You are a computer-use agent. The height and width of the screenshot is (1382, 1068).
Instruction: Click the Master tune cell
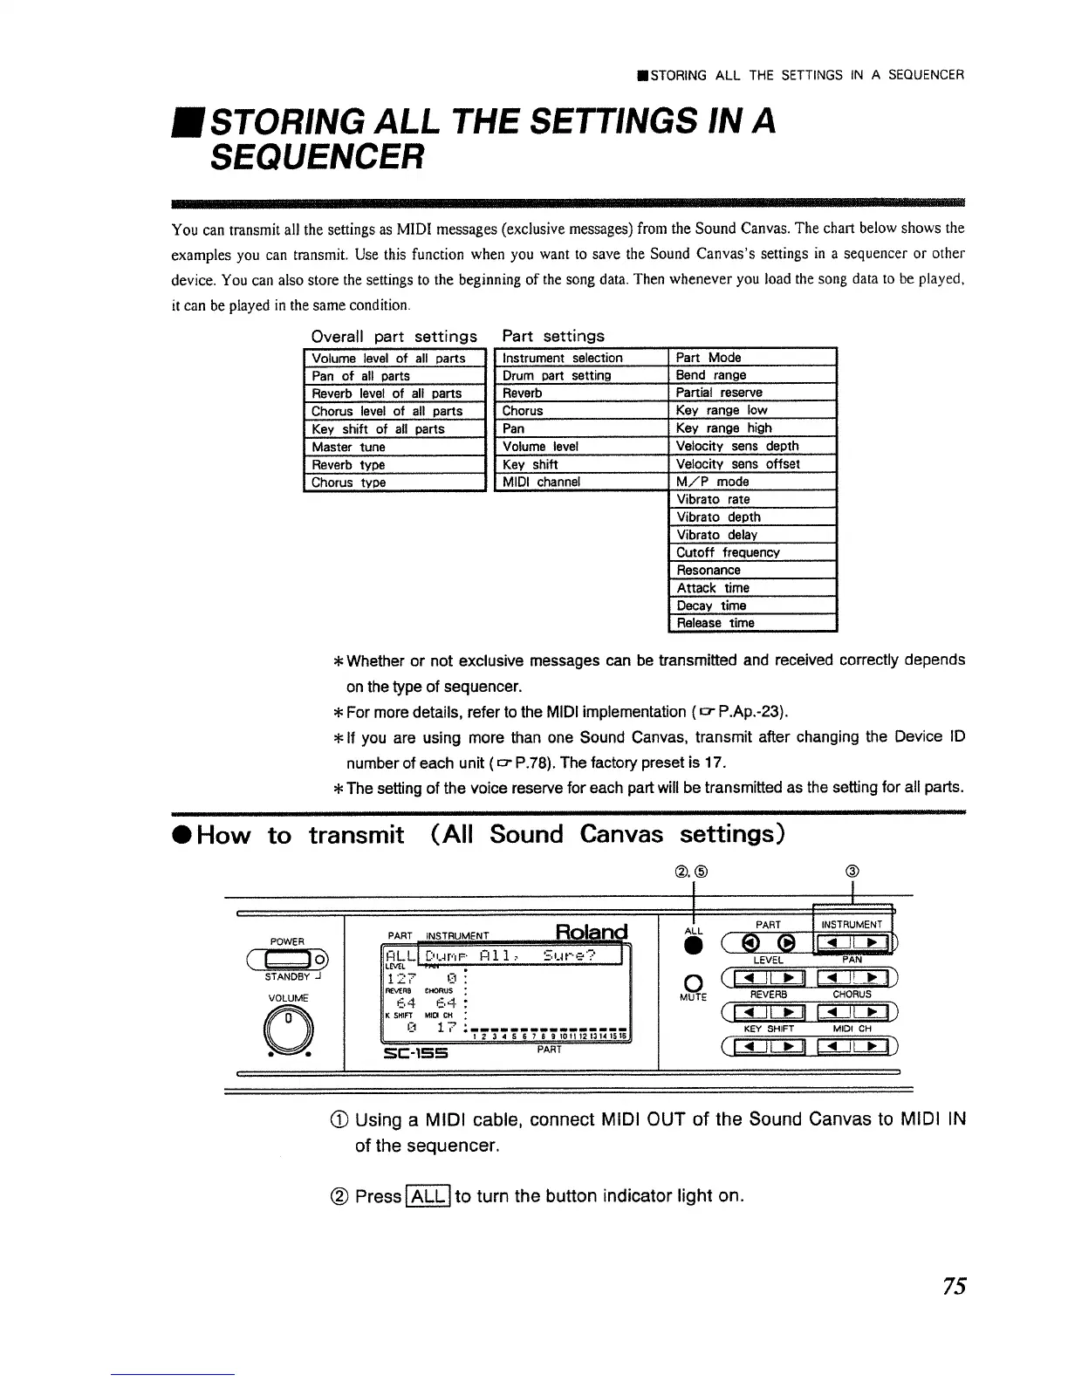(x=394, y=447)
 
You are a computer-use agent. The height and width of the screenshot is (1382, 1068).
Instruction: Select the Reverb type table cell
(x=394, y=465)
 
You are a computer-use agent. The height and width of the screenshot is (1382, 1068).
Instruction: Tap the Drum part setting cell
(x=581, y=375)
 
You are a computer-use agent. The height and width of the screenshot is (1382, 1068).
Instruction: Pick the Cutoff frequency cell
(x=752, y=552)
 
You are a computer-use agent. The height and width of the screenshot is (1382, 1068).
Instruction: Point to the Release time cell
(x=752, y=623)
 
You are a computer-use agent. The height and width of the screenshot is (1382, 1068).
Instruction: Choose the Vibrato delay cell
(x=752, y=535)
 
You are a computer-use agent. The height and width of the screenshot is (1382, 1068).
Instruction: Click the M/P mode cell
(x=752, y=482)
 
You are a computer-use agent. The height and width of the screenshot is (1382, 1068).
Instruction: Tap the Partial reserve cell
(x=752, y=393)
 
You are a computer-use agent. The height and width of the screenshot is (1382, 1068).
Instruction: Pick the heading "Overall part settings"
(x=394, y=337)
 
